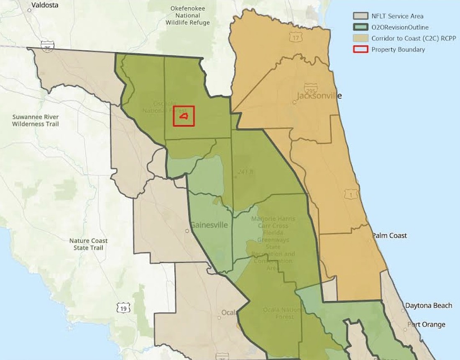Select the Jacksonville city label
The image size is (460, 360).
(319, 96)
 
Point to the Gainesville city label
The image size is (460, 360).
(209, 225)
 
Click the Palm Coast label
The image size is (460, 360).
(389, 236)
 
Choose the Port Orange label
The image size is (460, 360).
(426, 324)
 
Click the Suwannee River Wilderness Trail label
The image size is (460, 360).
(36, 120)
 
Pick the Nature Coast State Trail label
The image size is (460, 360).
(89, 244)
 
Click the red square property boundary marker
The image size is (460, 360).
(184, 116)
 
